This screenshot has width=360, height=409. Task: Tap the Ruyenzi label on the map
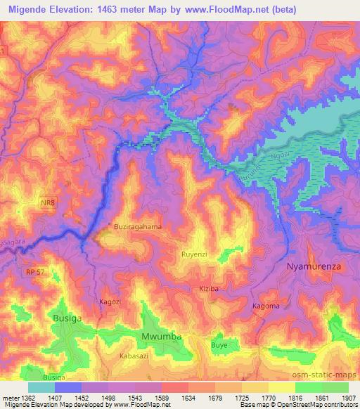pos(195,254)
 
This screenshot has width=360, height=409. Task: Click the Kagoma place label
pos(266,306)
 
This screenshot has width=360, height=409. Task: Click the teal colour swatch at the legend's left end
pos(41,387)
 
